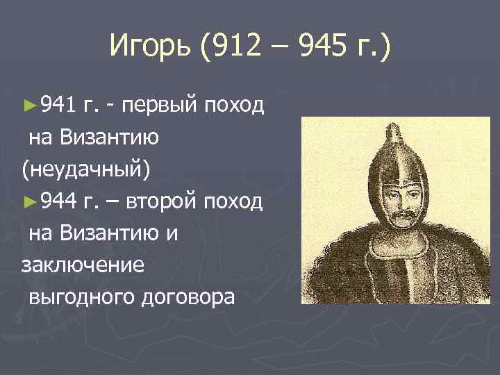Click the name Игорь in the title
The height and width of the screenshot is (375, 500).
150,49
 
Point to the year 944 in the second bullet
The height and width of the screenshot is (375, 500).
57,201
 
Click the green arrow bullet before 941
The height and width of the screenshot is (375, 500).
28,106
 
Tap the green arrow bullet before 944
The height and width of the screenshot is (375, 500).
28,201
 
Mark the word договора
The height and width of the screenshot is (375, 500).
189,297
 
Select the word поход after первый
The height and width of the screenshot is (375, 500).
237,106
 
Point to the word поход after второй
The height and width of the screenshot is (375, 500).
237,201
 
